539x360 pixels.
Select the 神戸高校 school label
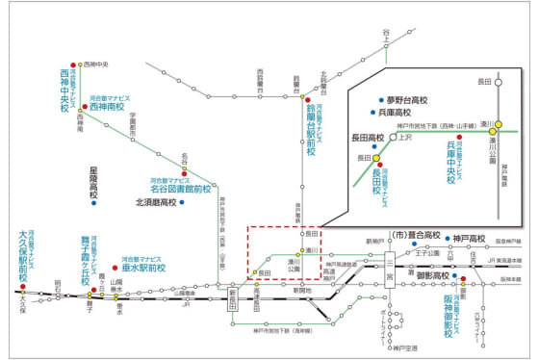[469, 237]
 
